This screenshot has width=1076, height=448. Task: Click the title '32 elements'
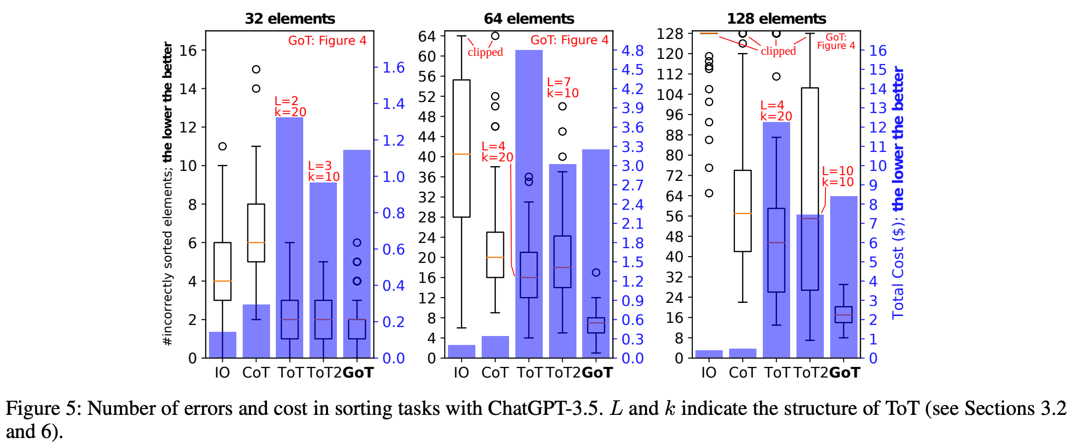290,18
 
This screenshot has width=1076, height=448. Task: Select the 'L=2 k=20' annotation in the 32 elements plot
290,106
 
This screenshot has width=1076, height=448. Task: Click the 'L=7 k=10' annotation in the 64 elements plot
562,88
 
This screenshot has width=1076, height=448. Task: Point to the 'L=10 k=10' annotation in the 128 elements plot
838,176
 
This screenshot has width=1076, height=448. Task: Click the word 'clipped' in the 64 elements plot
485,52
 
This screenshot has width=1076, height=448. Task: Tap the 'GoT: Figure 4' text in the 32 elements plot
327,40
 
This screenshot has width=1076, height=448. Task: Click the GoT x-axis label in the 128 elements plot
844,373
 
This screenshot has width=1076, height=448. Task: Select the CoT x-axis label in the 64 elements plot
495,373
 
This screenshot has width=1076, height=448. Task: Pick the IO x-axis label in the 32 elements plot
222,373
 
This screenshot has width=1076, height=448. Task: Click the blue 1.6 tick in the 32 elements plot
393,67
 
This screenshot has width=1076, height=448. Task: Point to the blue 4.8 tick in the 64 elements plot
632,50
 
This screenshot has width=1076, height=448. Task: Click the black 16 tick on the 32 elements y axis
188,50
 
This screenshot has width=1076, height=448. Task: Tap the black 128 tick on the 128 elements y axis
670,34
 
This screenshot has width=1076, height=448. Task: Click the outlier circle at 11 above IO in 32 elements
223,146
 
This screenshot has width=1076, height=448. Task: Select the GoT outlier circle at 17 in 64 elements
596,272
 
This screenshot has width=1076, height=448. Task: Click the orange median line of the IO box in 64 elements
462,154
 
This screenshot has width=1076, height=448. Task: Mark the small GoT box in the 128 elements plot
843,314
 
